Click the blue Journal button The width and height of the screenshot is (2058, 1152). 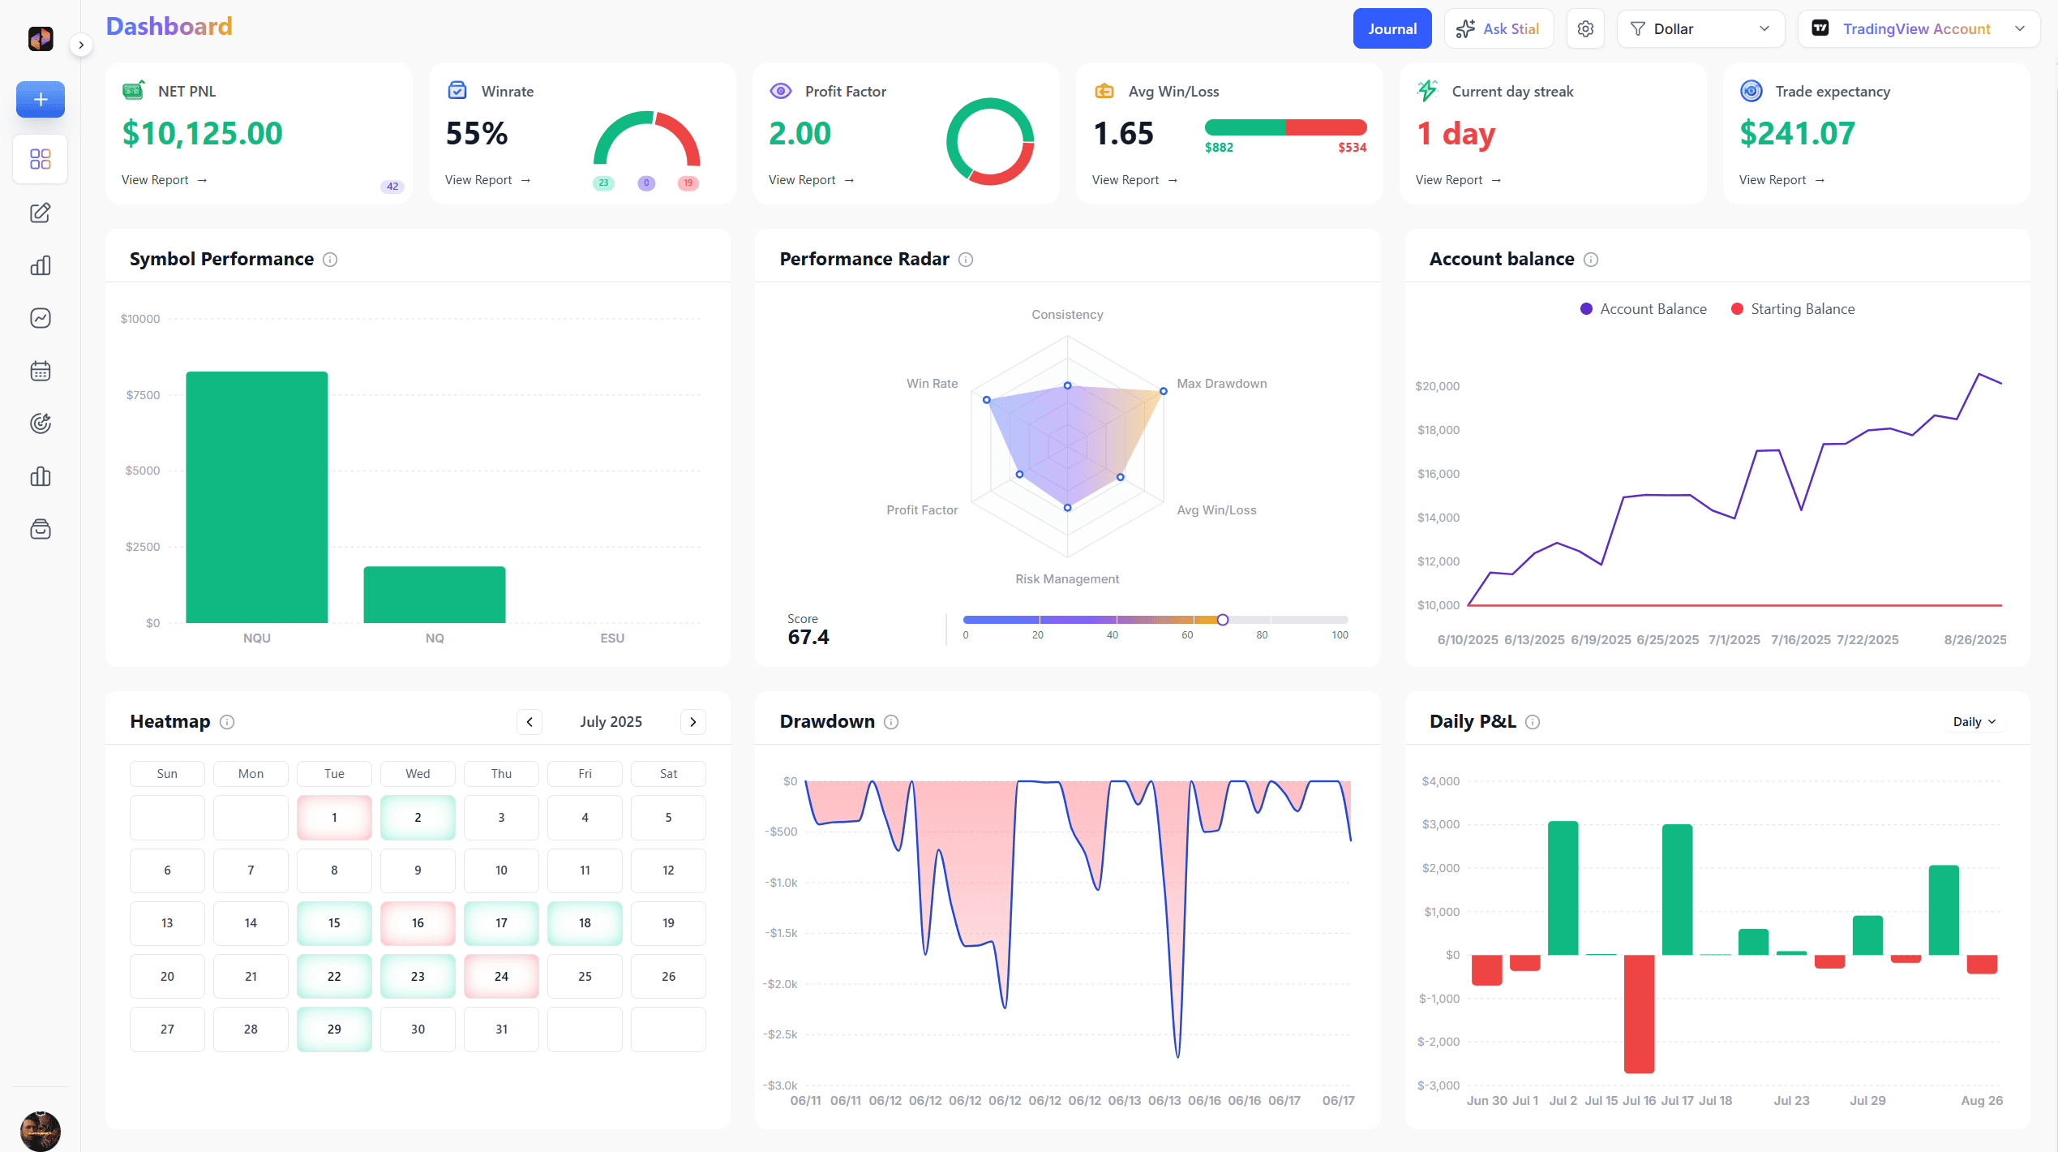point(1391,29)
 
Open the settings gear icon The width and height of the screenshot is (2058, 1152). point(1585,29)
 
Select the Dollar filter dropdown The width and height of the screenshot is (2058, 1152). point(1700,29)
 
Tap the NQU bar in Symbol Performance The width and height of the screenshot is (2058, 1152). point(257,496)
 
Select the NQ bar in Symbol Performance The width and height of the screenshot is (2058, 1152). point(435,594)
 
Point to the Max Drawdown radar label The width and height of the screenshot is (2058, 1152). point(1221,384)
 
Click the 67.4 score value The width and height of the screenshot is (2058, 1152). point(808,638)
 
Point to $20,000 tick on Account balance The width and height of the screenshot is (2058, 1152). point(1437,386)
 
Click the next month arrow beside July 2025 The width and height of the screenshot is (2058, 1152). point(692,722)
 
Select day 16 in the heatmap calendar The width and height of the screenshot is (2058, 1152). point(418,923)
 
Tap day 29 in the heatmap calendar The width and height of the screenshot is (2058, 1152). point(334,1029)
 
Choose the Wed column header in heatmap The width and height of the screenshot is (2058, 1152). point(418,774)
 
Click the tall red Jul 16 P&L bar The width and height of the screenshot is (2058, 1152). point(1639,1014)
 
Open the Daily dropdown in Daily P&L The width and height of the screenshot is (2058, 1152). point(1974,722)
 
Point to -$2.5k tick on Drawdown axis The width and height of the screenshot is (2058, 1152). point(780,1034)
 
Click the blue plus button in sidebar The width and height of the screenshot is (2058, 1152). point(41,100)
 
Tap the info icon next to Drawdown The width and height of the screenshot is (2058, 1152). point(891,722)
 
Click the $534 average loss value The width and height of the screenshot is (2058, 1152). point(1352,148)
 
